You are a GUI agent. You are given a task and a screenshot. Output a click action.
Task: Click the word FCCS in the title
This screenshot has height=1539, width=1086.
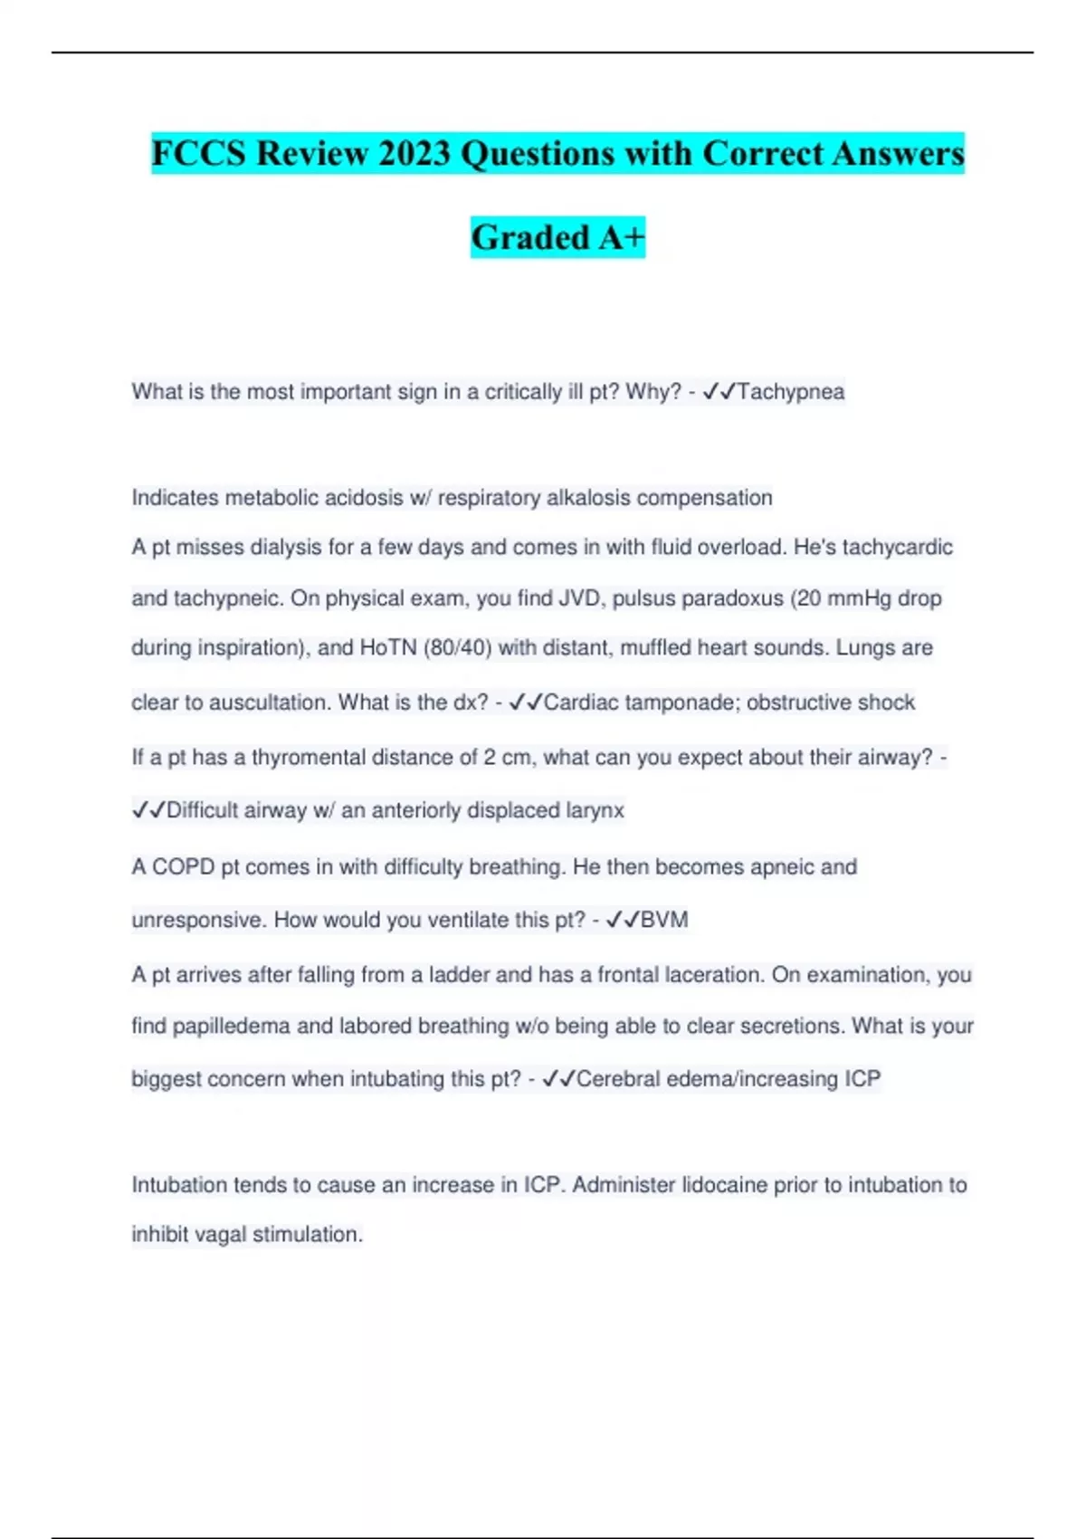pyautogui.click(x=198, y=153)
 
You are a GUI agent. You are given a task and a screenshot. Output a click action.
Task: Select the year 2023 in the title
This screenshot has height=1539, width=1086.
pyautogui.click(x=414, y=153)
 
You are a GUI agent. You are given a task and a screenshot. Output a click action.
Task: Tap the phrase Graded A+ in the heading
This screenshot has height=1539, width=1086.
pyautogui.click(x=557, y=237)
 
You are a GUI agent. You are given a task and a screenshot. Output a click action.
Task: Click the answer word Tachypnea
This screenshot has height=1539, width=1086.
pyautogui.click(x=791, y=392)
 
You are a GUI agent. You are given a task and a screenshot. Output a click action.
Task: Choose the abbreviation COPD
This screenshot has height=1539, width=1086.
pyautogui.click(x=183, y=867)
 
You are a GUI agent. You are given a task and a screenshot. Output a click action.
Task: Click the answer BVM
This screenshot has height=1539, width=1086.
pyautogui.click(x=664, y=920)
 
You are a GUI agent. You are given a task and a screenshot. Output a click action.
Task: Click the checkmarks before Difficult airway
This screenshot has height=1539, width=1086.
pyautogui.click(x=148, y=810)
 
